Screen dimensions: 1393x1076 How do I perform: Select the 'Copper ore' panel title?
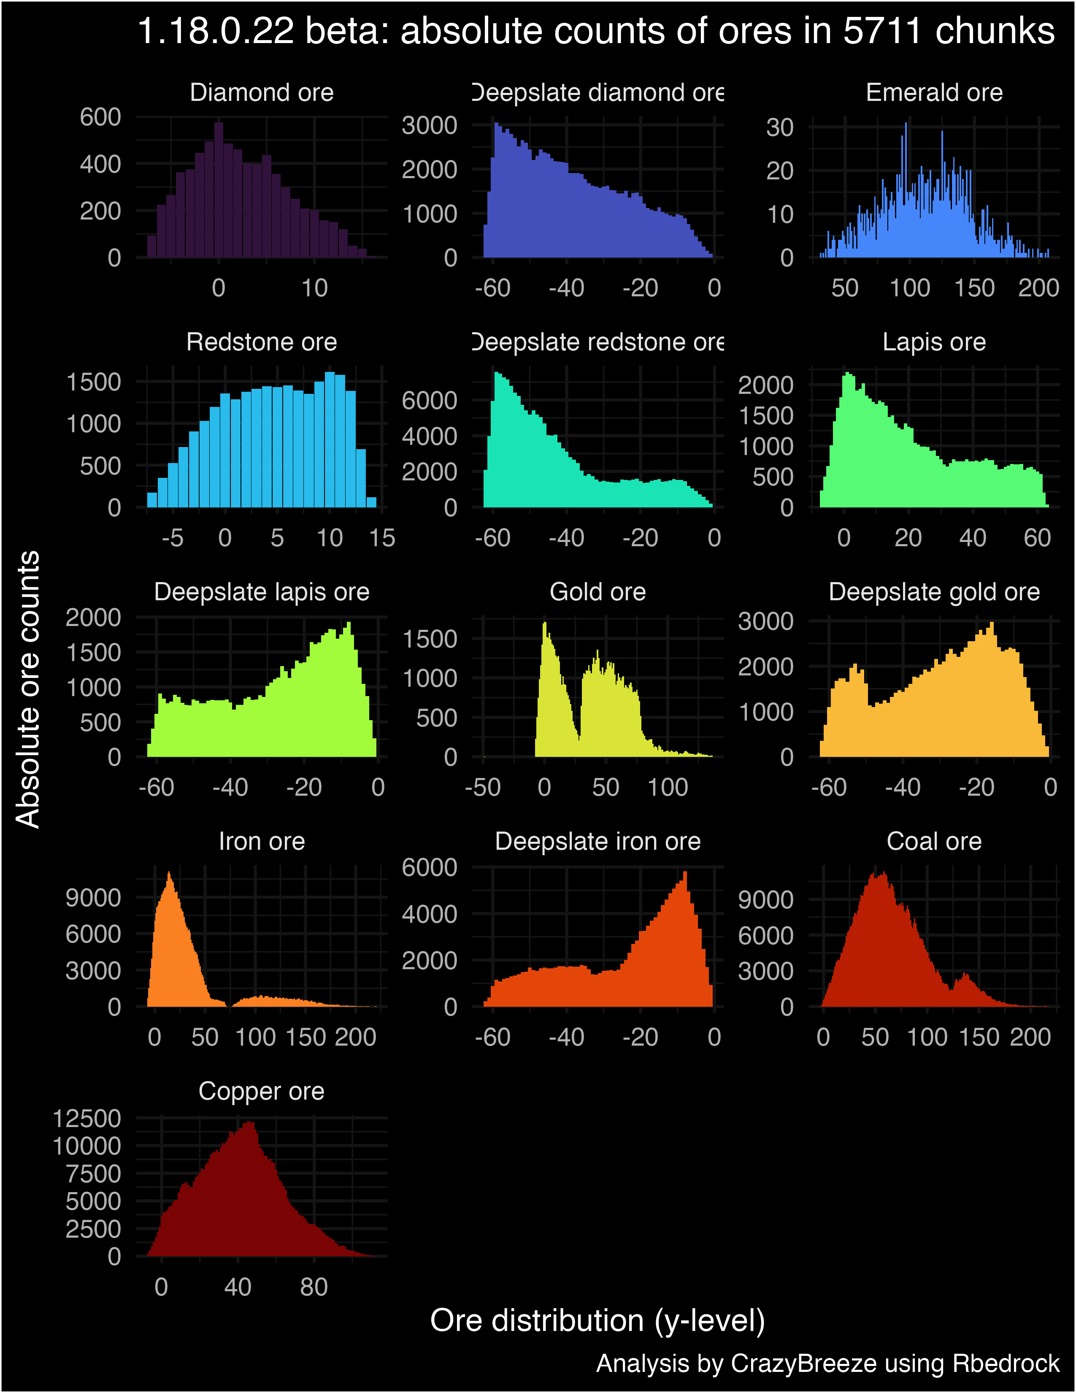click(261, 1091)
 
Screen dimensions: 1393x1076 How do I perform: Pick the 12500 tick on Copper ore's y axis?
click(87, 1119)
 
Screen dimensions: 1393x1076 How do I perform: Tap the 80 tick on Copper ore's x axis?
click(314, 1287)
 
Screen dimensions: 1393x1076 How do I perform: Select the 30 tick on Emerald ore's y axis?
click(780, 127)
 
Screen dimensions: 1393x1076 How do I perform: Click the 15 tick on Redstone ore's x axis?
click(382, 538)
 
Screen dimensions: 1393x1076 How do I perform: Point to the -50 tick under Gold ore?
click(483, 787)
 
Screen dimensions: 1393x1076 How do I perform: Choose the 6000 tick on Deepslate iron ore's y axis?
click(429, 867)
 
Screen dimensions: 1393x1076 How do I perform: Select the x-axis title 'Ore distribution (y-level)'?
click(597, 1320)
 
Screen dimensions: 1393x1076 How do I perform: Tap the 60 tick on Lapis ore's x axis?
click(1037, 538)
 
